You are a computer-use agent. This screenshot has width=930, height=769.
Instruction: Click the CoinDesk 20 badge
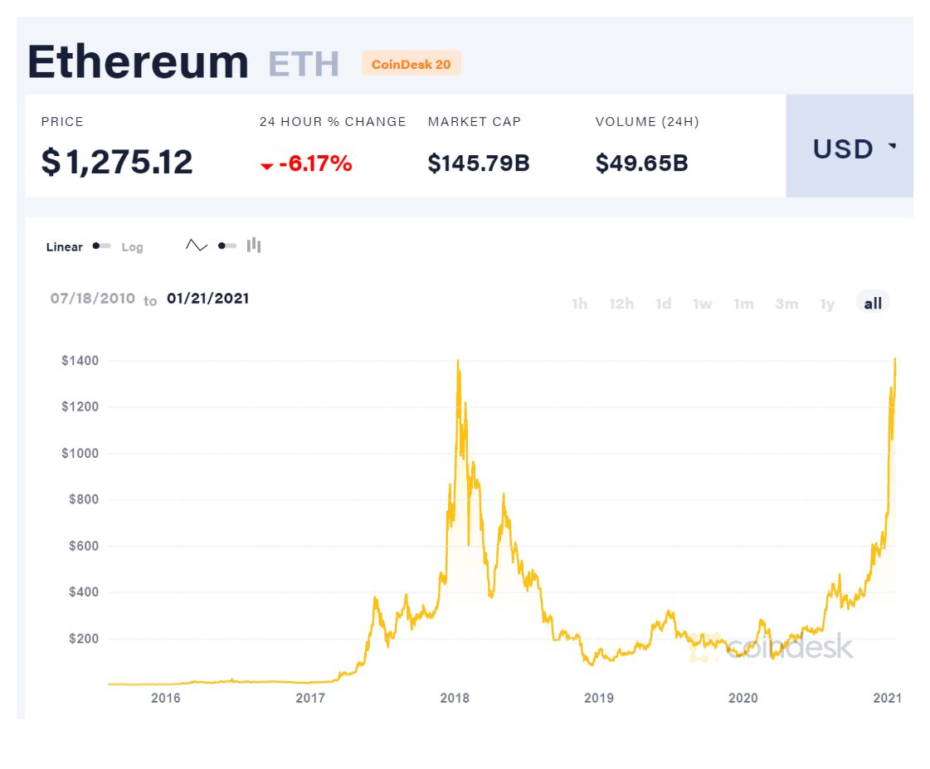pos(411,64)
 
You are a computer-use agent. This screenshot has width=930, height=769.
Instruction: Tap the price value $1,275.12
pos(117,163)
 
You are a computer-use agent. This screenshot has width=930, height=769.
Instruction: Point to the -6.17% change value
pos(314,164)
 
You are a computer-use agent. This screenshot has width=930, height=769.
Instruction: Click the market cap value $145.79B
pos(479,163)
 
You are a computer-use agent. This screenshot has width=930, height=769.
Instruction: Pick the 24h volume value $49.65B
pos(641,163)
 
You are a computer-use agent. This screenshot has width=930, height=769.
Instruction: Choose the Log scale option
pos(132,247)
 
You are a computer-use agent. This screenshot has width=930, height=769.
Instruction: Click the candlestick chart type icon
pos(254,246)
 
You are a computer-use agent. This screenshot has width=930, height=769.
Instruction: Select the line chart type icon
pos(197,246)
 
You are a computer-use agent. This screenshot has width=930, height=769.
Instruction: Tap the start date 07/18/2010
pos(92,299)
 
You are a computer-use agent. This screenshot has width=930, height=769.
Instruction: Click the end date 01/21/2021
pos(207,299)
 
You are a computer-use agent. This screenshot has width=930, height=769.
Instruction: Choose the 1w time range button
pos(702,304)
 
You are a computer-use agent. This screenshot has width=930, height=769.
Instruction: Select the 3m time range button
pos(786,304)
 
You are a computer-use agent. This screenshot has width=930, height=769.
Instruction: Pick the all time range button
pos(873,304)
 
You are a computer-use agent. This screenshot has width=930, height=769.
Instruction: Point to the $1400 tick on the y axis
pos(80,361)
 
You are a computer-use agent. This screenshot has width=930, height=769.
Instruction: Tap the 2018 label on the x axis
pos(454,698)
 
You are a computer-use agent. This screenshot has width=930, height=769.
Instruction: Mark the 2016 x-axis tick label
pos(165,698)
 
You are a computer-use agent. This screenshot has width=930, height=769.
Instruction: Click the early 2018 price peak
pos(458,361)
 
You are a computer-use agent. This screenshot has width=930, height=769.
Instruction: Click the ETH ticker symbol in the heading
pos(303,64)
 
